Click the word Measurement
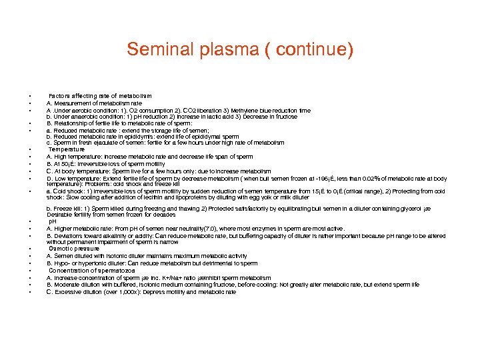click(72, 103)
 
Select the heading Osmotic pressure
click(73, 248)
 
